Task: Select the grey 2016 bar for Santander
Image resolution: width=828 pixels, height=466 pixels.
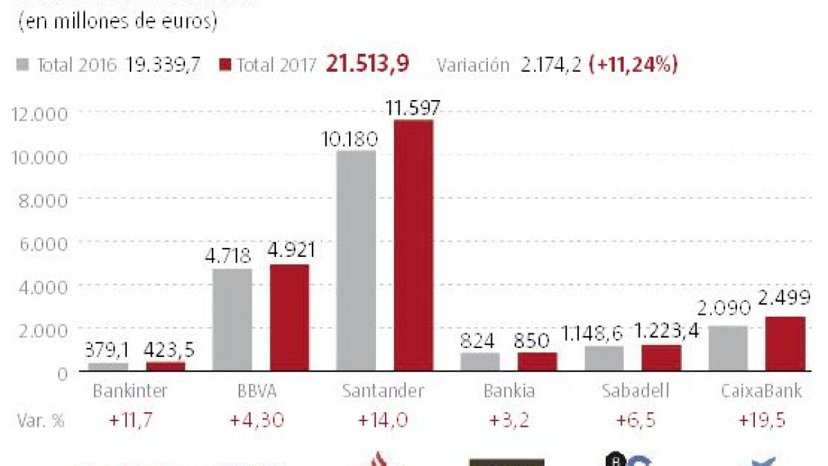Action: (x=356, y=260)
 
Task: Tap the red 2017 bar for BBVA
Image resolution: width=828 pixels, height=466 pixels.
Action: (x=289, y=318)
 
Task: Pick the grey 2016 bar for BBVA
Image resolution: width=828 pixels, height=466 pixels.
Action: (x=232, y=320)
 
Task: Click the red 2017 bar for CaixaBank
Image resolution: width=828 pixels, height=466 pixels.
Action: (x=785, y=344)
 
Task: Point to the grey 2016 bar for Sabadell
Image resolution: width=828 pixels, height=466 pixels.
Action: (x=604, y=358)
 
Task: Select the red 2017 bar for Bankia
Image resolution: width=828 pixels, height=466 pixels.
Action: (x=537, y=362)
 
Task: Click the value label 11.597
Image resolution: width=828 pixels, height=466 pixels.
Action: (x=413, y=108)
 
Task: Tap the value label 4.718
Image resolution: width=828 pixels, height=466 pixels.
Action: (x=228, y=256)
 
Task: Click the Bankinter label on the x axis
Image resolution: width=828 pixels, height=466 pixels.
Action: (x=130, y=391)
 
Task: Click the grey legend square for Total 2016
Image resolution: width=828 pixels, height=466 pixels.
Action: (x=23, y=66)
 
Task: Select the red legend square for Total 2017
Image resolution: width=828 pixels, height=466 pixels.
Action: (x=225, y=66)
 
